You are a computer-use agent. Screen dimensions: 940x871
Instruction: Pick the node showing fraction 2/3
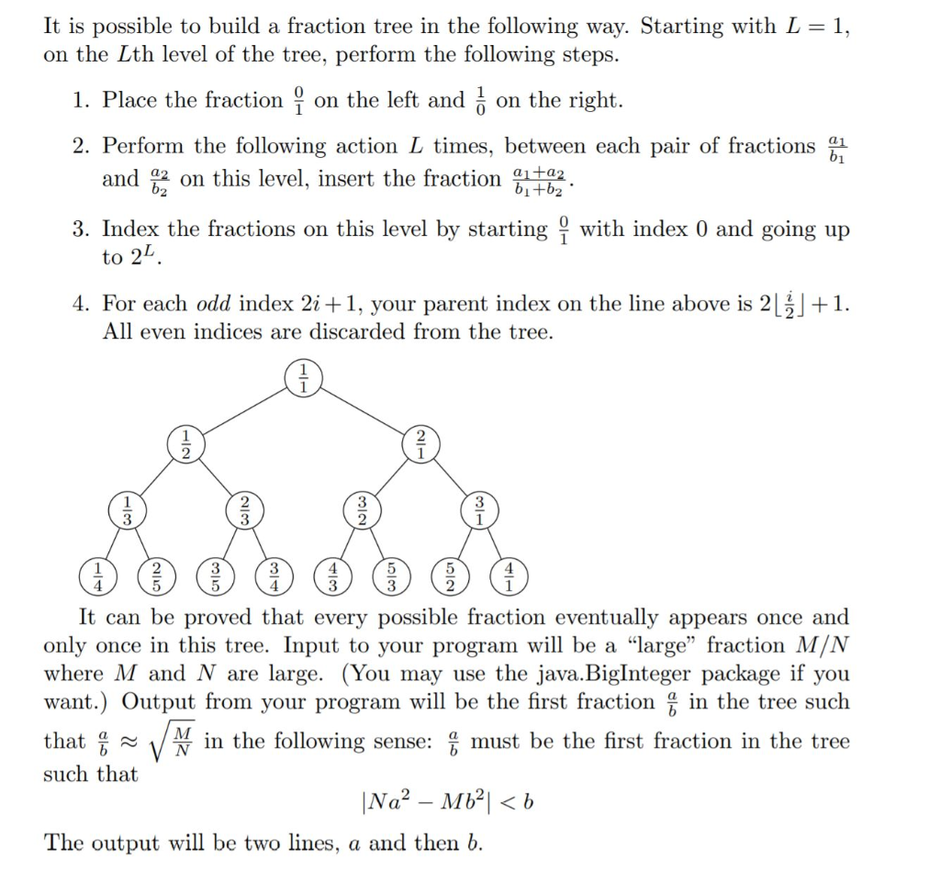[x=244, y=510]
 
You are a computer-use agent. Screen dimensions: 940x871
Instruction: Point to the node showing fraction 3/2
[x=362, y=510]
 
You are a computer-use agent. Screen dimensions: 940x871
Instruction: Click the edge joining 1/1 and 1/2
[x=244, y=410]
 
